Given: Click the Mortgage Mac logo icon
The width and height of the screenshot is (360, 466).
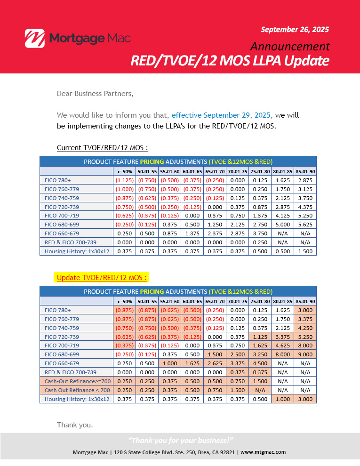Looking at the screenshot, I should [34, 38].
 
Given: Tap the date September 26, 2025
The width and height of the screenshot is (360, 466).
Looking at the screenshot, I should [295, 29].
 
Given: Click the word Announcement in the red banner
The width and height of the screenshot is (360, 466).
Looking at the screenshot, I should [289, 46].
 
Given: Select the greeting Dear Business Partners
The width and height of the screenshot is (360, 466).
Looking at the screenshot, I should [95, 93].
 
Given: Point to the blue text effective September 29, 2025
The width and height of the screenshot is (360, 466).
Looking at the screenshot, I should [221, 115].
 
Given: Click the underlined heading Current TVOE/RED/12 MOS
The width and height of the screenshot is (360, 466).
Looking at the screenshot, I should [103, 148].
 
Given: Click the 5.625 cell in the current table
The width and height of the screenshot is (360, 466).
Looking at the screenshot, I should [305, 225].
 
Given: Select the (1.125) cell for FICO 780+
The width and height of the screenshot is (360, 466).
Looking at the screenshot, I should [125, 180].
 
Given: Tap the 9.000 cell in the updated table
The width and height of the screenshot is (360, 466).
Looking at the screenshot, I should [305, 354].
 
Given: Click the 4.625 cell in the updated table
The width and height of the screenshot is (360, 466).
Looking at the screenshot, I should [283, 345].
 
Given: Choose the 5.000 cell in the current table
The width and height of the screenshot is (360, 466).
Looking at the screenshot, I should [283, 225].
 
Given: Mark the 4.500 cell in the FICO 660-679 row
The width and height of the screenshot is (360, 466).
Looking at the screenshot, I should [260, 363].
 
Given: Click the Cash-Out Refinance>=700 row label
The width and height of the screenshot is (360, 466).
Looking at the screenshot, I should [77, 381].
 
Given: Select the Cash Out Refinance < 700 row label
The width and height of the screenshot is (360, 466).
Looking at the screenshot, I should [77, 390].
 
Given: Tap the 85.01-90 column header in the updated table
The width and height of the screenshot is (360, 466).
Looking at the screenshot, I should [305, 301].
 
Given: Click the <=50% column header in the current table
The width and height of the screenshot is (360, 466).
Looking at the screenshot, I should [125, 171].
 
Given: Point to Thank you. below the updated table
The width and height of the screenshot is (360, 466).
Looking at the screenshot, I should [75, 425].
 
